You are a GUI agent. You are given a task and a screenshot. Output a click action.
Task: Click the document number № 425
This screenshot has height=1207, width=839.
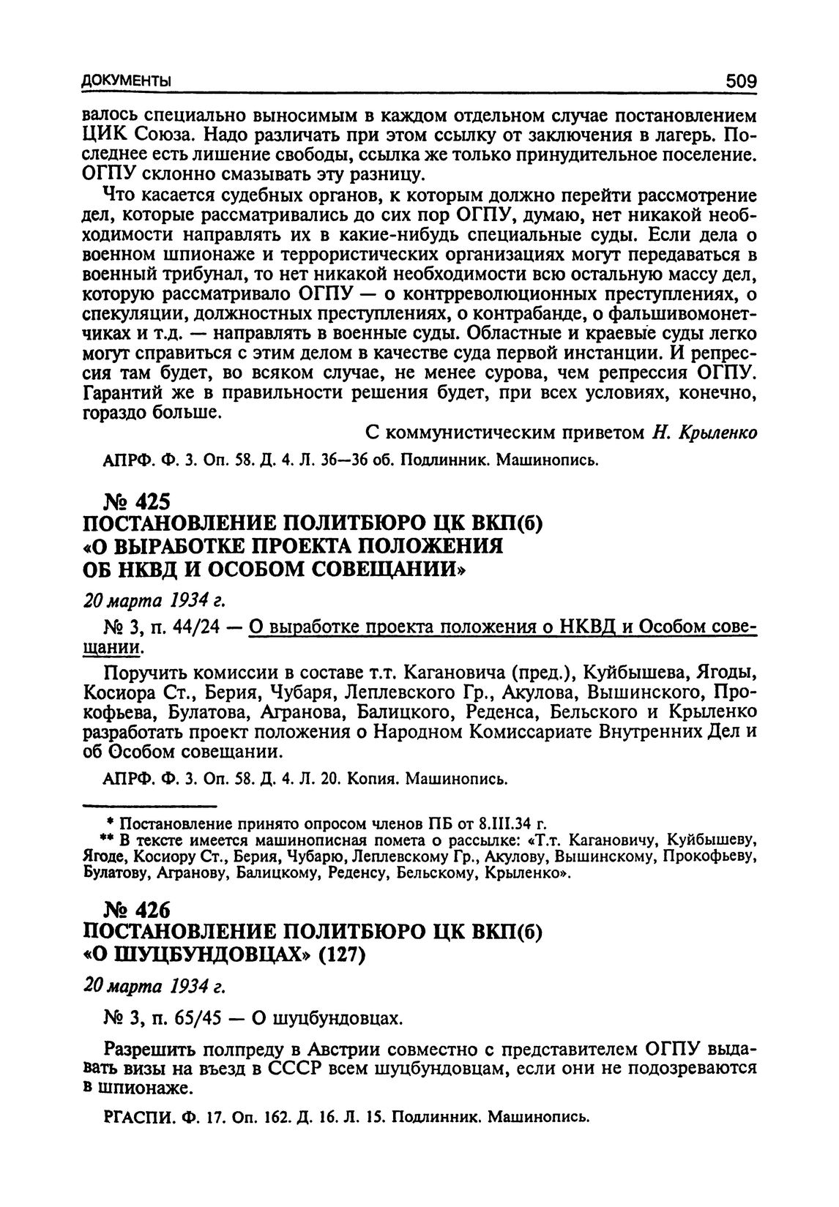click(137, 502)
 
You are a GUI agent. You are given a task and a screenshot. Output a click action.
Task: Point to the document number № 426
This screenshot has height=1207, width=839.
click(137, 910)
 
